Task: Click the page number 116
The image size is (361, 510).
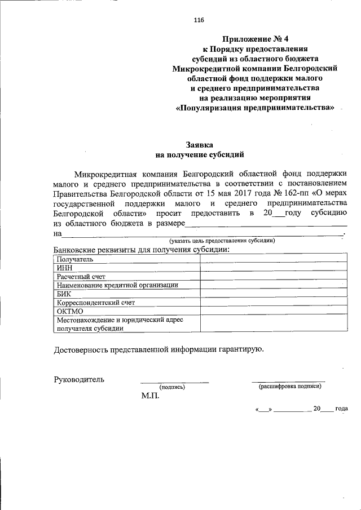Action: pos(198,20)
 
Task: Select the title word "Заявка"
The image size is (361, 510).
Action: pos(200,144)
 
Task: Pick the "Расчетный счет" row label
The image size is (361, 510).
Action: pos(81,277)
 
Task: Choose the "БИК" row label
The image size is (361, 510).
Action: pos(63,294)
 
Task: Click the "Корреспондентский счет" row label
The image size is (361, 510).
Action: pos(95,302)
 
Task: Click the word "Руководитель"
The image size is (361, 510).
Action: pos(79,379)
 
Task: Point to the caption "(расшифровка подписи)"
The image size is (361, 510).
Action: pos(290,387)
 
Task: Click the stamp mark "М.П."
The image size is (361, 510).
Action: pos(151,396)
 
